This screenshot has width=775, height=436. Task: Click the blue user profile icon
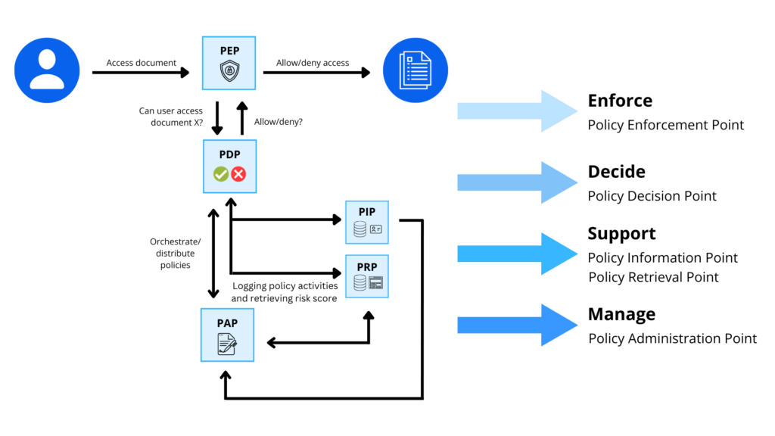(47, 70)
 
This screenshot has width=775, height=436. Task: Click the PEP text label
(229, 51)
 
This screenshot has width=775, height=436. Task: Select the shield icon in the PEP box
(229, 71)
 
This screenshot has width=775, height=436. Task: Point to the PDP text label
(229, 154)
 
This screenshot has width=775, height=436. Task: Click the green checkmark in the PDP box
(220, 174)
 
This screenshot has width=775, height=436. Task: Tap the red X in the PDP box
(238, 174)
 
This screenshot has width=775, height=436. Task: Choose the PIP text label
(367, 212)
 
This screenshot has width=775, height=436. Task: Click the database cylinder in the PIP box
(360, 229)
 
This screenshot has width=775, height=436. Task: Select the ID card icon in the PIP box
(376, 229)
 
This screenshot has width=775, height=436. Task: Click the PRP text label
(367, 267)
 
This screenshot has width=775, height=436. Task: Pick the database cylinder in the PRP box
(360, 283)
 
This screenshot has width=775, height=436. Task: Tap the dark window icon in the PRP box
(376, 283)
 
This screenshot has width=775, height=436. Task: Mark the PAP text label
(227, 323)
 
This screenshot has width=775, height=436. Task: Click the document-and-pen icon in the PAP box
(227, 344)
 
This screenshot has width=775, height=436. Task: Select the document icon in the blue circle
(415, 70)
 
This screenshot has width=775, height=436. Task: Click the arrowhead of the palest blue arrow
(559, 111)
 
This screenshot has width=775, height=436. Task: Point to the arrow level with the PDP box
(517, 182)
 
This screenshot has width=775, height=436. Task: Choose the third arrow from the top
(517, 254)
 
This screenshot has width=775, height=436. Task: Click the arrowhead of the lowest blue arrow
(559, 325)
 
